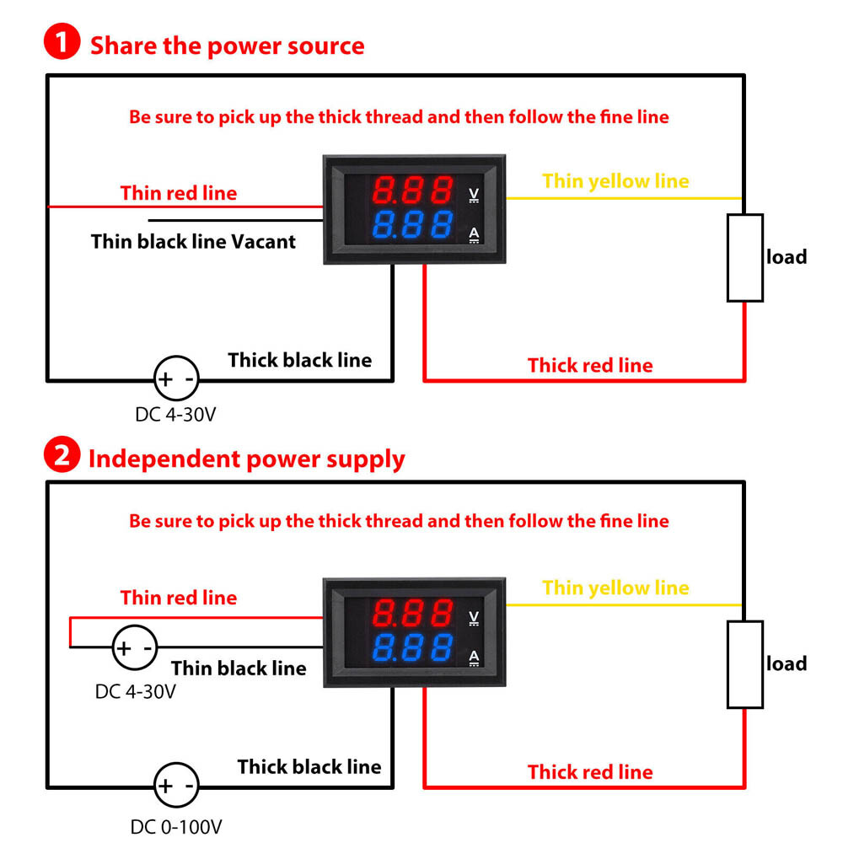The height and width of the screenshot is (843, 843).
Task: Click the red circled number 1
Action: (62, 45)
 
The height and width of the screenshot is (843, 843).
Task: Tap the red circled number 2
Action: (62, 459)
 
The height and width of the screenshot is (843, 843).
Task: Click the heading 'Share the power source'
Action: (228, 45)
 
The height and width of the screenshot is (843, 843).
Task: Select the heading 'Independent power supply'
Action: (247, 459)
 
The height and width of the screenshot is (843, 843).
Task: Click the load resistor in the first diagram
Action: (745, 258)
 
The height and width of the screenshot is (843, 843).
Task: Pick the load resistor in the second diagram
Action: (745, 664)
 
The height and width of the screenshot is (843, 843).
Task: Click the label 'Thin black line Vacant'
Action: (194, 242)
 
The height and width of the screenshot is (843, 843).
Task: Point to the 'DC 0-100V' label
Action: (176, 827)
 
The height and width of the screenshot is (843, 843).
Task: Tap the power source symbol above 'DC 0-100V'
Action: (176, 786)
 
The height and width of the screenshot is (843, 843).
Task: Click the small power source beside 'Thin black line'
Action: (135, 648)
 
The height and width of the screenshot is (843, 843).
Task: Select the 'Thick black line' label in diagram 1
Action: (299, 360)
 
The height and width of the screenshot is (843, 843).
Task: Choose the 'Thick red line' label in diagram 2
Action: (590, 771)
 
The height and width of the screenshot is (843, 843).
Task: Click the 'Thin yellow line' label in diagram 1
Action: (615, 181)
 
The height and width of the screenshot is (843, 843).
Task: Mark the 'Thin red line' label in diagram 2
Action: (179, 598)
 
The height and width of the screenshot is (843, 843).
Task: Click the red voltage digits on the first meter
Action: (412, 191)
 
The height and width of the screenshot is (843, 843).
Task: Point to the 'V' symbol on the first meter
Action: (474, 193)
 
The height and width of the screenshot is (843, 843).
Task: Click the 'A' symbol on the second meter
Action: (474, 658)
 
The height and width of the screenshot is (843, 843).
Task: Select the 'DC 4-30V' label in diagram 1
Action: (176, 415)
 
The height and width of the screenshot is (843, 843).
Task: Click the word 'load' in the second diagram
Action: (787, 664)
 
